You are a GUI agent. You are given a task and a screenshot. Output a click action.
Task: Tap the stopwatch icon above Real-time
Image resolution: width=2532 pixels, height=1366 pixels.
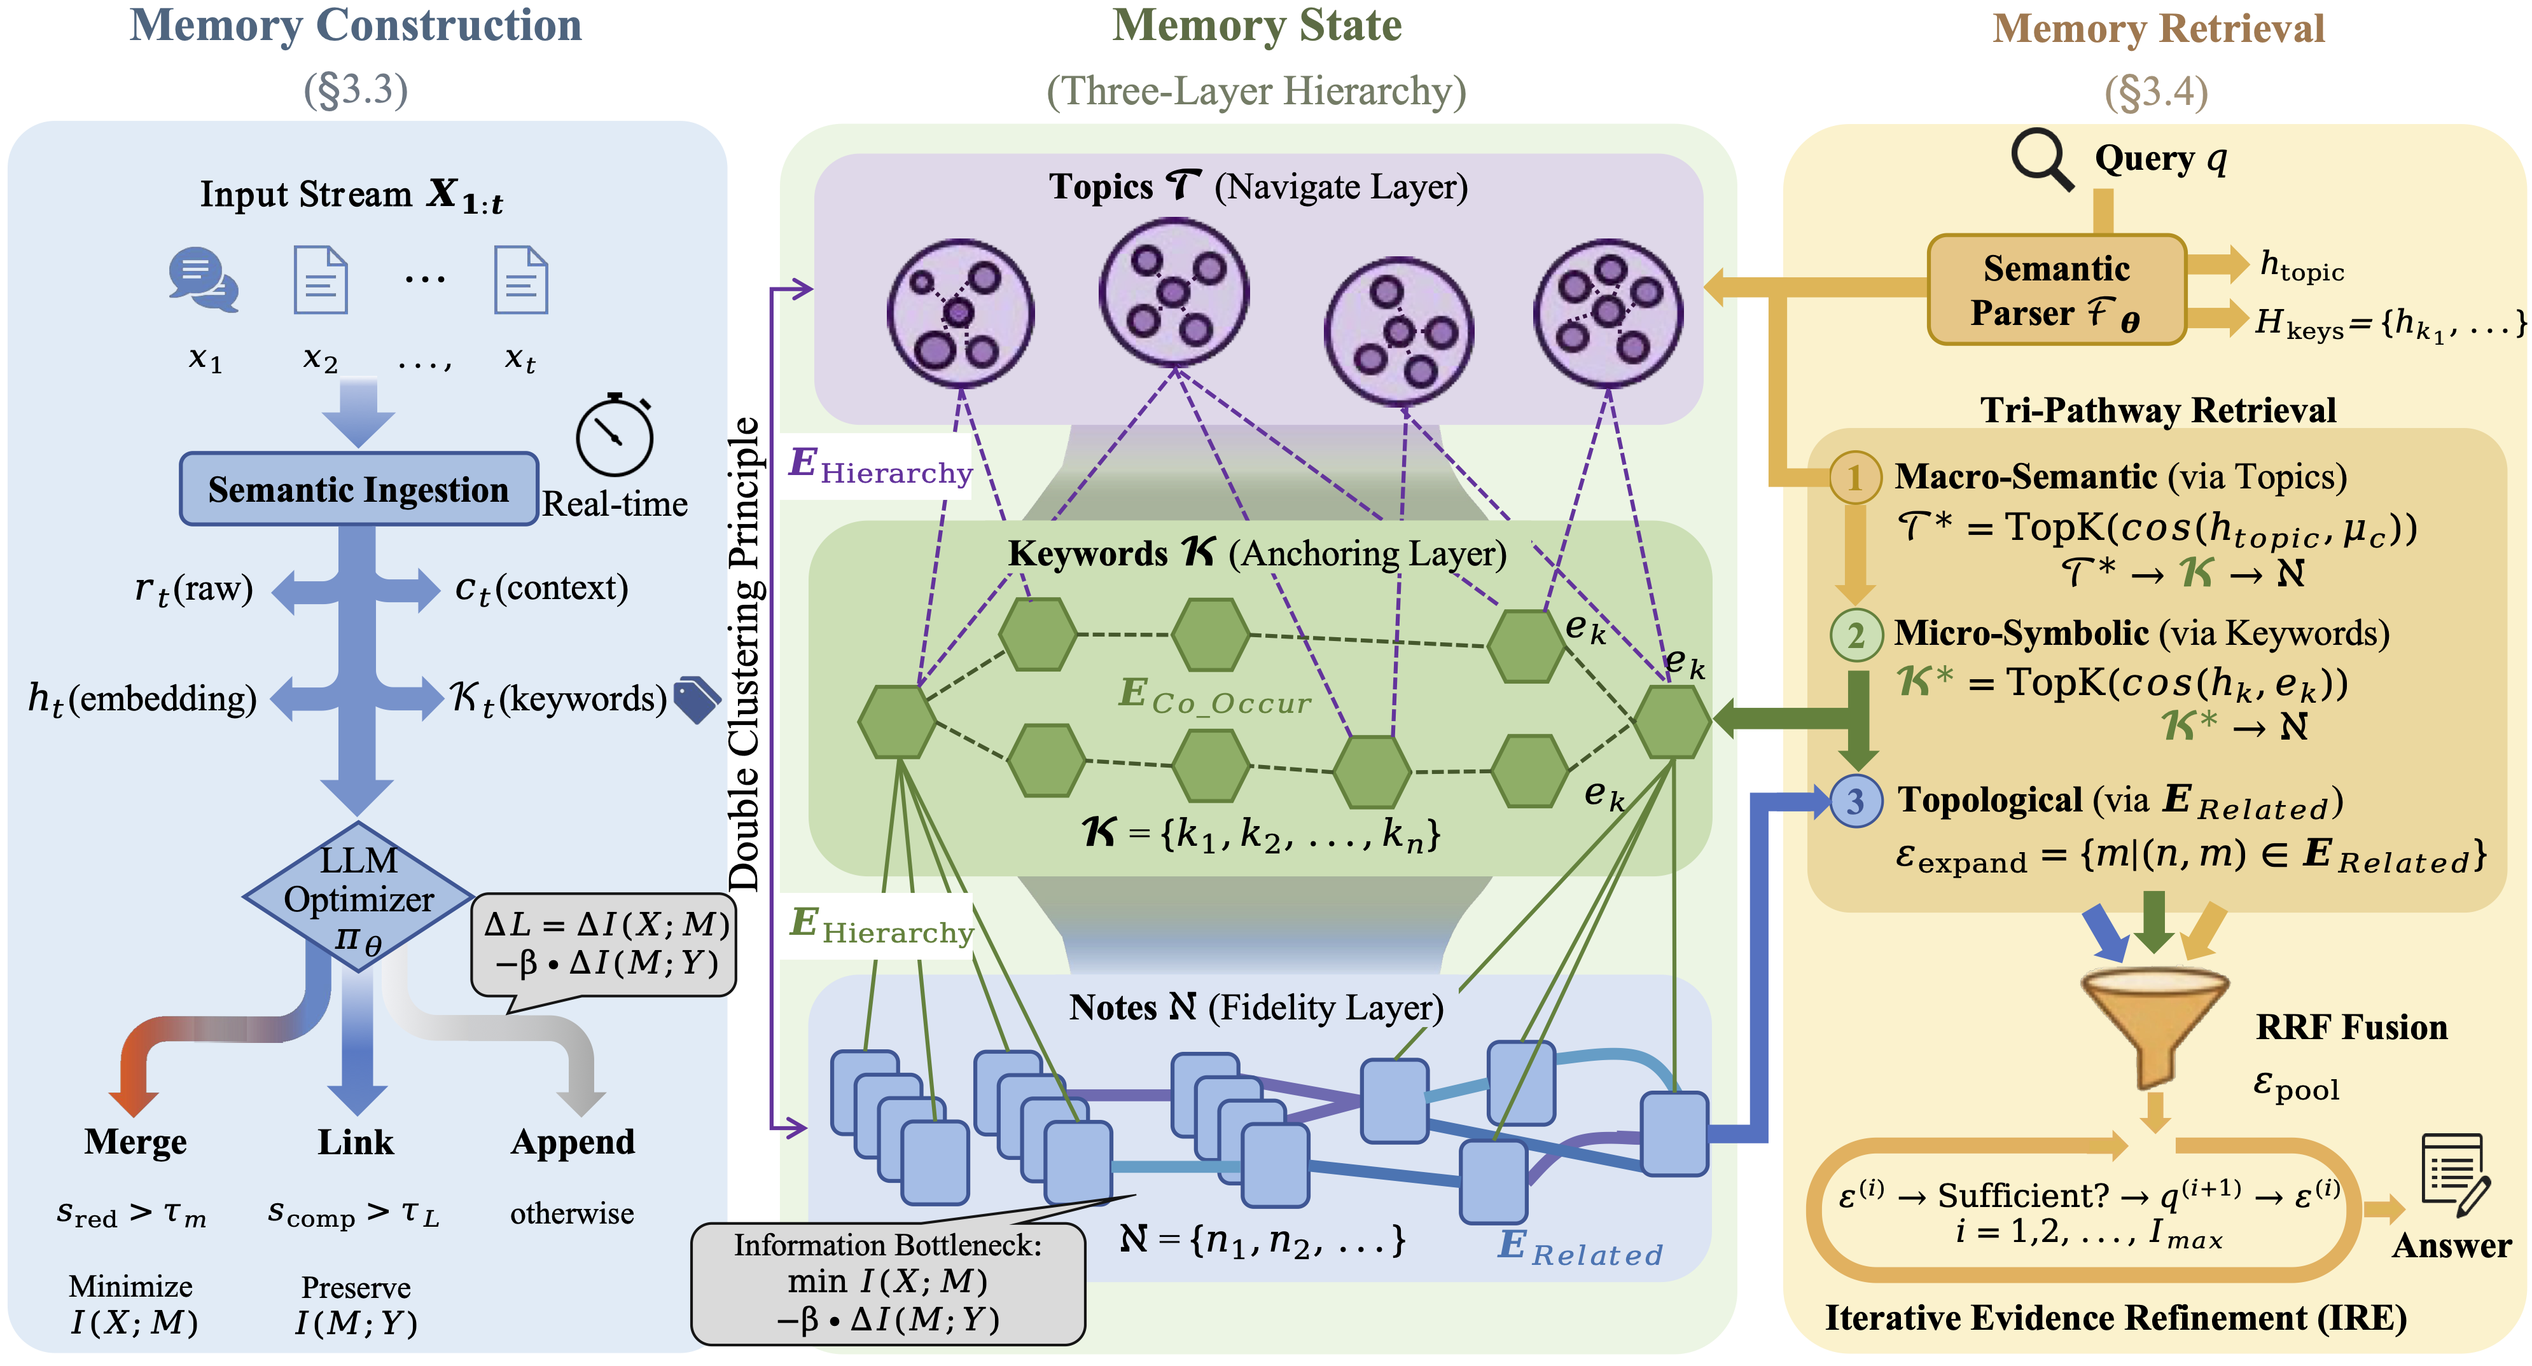tap(615, 436)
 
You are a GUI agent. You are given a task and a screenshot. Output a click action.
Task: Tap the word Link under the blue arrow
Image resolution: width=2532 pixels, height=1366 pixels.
tap(356, 1142)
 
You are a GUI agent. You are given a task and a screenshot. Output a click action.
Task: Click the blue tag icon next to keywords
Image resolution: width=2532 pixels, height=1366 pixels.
tap(697, 700)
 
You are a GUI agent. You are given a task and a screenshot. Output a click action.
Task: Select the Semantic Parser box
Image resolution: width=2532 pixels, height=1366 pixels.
tap(2056, 290)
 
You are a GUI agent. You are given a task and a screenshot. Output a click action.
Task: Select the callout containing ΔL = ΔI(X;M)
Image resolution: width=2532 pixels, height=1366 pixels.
tap(604, 946)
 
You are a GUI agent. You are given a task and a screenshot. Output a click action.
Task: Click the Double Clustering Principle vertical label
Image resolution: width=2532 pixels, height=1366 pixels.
tap(745, 654)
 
